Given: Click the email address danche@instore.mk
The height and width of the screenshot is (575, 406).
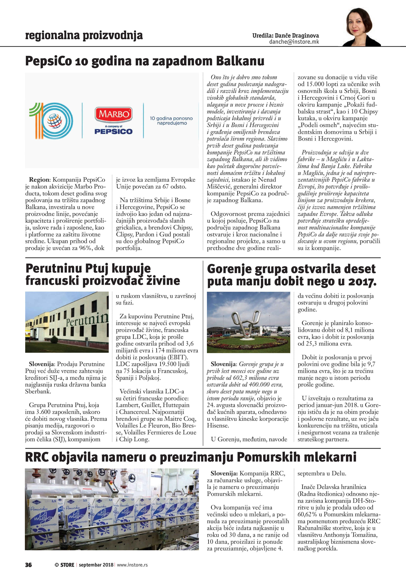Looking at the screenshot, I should (x=294, y=42).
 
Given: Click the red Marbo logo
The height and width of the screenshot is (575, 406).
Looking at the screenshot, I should (x=114, y=114).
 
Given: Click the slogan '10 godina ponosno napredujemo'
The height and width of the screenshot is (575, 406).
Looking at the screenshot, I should (x=171, y=120).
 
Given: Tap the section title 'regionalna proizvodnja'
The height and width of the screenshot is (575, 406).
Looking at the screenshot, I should (x=84, y=36).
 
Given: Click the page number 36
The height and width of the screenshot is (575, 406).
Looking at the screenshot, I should (x=28, y=565).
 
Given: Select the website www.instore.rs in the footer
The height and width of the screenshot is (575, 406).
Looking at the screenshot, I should (x=132, y=565).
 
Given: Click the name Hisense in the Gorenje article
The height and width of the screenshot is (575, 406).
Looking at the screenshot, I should (x=218, y=426).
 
